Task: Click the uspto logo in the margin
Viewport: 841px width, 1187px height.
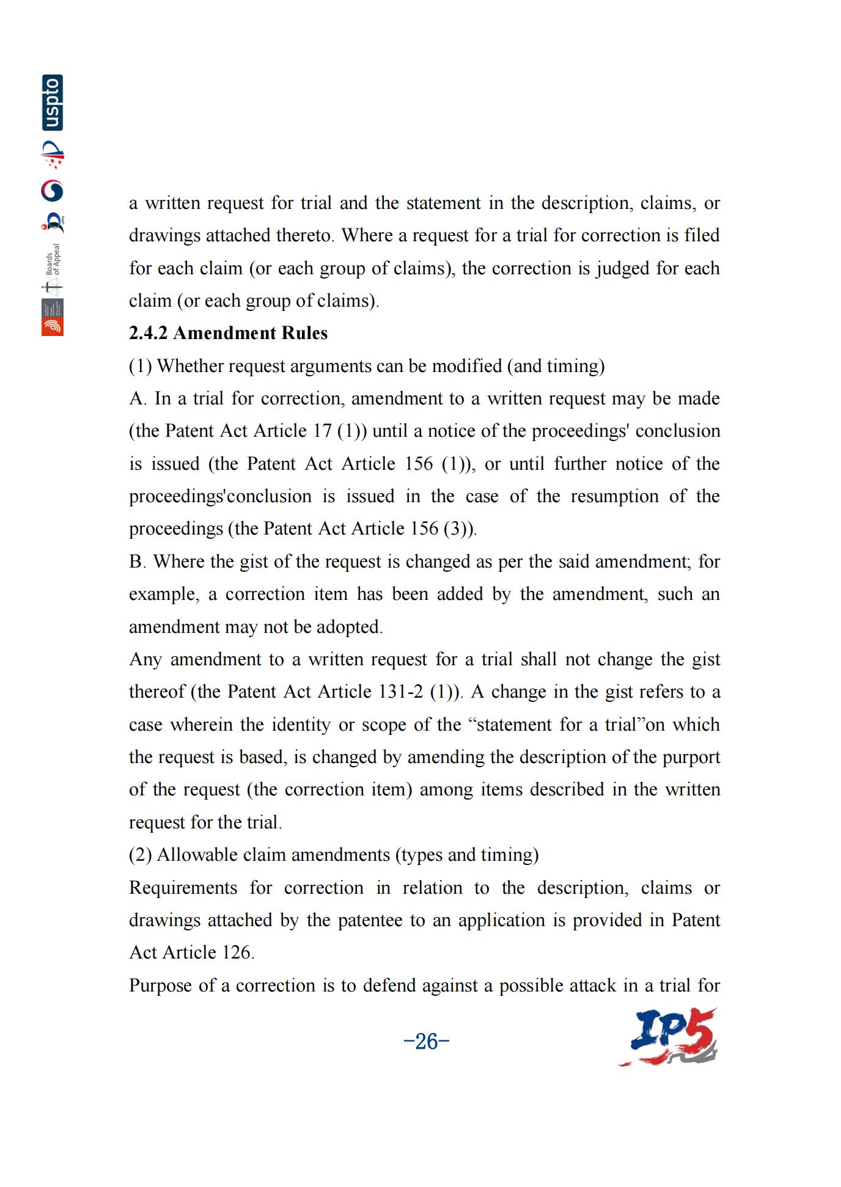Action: click(x=53, y=103)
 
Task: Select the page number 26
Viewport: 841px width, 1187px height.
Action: click(x=427, y=1040)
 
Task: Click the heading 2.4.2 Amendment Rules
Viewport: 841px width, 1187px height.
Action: click(x=228, y=333)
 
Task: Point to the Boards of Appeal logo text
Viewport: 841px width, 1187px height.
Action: click(x=53, y=260)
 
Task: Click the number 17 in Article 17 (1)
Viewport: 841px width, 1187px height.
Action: click(x=322, y=431)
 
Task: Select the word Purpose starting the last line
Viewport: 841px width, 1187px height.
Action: click(x=160, y=985)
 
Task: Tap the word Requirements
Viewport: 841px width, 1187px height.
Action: click(x=183, y=888)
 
